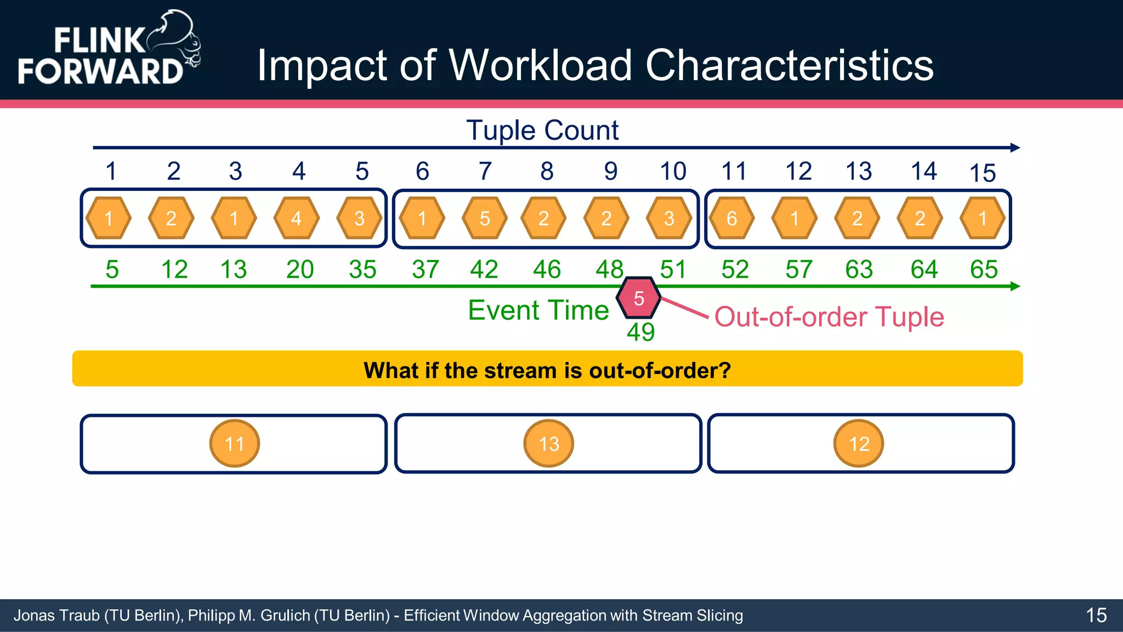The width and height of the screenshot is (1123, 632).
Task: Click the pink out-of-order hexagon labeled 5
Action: point(638,298)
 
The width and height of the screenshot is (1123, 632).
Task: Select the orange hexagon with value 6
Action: point(731,218)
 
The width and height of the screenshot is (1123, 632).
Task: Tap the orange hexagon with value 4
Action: point(297,218)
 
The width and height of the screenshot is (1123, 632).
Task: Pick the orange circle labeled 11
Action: point(235,443)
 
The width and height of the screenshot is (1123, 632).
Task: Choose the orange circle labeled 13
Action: point(549,443)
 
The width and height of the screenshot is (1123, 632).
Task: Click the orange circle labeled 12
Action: point(859,443)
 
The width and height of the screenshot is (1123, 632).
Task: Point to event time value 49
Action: point(640,332)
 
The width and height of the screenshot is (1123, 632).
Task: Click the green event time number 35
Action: point(362,269)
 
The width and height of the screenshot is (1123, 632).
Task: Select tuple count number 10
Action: point(673,171)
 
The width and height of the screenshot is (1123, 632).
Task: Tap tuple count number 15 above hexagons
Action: point(982,173)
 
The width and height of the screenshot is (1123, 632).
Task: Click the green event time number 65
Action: point(984,269)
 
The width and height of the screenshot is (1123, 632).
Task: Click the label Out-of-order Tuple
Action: point(829,317)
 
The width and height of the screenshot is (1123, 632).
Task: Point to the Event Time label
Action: point(538,311)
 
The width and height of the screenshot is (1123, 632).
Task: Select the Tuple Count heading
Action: point(542,131)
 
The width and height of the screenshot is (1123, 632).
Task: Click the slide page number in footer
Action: point(1096,615)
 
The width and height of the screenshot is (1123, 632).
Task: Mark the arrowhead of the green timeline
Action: point(1015,286)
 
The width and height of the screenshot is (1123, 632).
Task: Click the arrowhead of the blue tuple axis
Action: point(1015,148)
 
